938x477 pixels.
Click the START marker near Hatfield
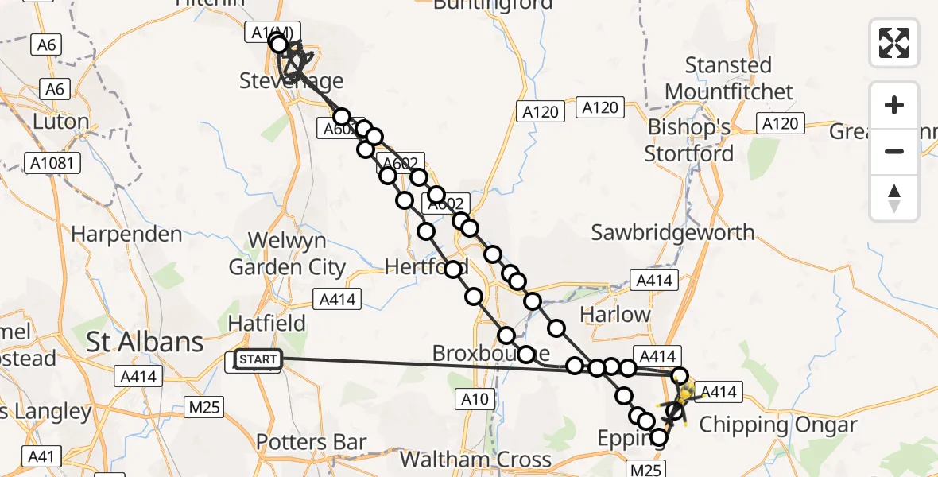(258, 360)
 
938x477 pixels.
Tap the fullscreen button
(894, 43)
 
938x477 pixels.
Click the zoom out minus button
(894, 151)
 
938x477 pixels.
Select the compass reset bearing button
(894, 198)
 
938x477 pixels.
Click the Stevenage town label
(292, 82)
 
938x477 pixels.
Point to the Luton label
(60, 122)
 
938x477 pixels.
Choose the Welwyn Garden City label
(287, 254)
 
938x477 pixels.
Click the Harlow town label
(615, 314)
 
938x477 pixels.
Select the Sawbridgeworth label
(672, 233)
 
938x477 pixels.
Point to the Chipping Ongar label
(777, 425)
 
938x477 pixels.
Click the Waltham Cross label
(475, 460)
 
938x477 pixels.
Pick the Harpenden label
(126, 235)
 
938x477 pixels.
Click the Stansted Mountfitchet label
(729, 78)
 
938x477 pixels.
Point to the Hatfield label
(266, 323)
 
